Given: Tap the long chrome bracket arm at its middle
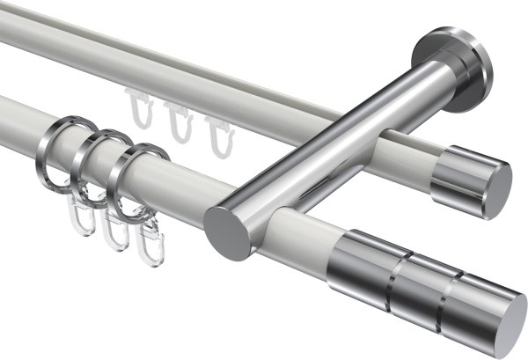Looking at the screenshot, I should click(334, 145).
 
